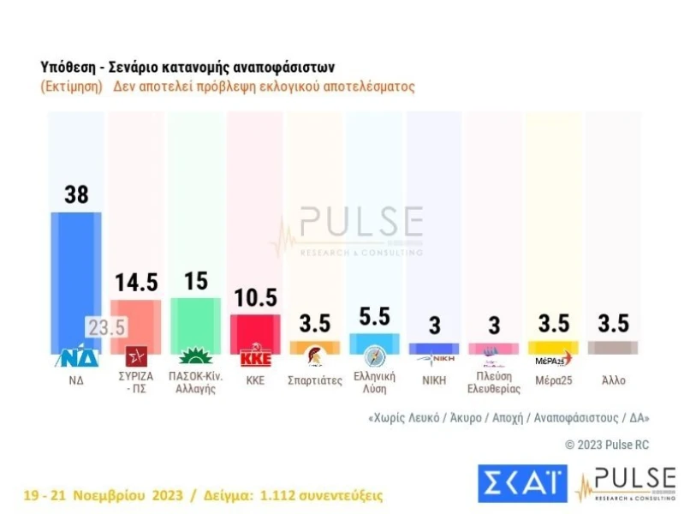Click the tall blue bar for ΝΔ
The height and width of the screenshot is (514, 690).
click(x=76, y=274)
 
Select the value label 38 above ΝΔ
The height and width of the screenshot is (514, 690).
click(x=76, y=194)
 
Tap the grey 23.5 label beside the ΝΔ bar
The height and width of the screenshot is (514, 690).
click(x=106, y=328)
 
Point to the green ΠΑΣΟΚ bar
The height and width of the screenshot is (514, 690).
click(x=196, y=323)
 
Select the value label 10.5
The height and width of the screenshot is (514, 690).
click(x=256, y=297)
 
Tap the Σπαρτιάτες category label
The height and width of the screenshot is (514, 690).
click(x=315, y=380)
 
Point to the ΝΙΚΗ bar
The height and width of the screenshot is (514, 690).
click(x=434, y=349)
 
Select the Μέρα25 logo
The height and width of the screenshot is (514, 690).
click(x=552, y=359)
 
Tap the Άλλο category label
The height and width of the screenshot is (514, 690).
click(x=612, y=380)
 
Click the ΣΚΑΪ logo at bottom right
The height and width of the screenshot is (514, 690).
click(x=521, y=484)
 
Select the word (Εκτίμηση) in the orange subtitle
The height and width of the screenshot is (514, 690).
click(x=71, y=87)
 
